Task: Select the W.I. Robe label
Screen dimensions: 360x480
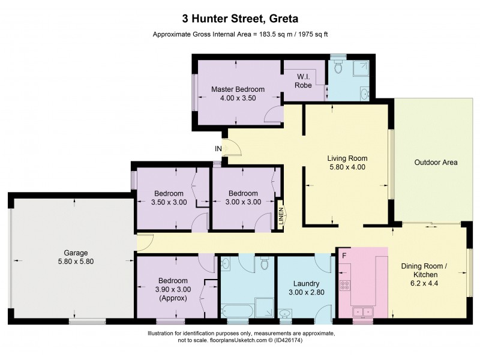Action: coord(303,80)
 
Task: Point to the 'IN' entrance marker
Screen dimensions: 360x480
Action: coord(218,148)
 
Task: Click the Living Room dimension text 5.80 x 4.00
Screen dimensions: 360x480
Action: coord(346,167)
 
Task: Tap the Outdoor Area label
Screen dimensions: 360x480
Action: coord(436,163)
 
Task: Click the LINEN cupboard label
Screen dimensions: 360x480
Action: coord(280,217)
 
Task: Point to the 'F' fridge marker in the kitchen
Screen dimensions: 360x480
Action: coord(344,256)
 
